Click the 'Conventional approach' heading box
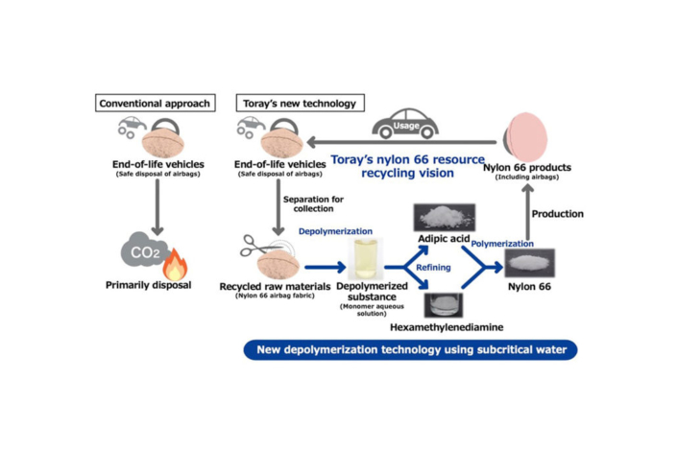pyautogui.click(x=155, y=103)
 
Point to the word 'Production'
pyautogui.click(x=557, y=213)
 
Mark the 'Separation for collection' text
pyautogui.click(x=312, y=204)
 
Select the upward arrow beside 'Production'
pyautogui.click(x=526, y=212)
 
